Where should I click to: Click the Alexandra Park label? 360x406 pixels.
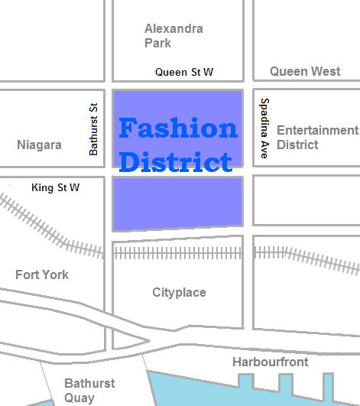[174, 35]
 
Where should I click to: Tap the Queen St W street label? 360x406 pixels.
[184, 72]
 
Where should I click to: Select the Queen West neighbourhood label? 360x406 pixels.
[305, 71]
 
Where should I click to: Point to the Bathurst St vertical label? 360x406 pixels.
[94, 130]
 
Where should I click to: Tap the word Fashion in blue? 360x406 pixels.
[177, 128]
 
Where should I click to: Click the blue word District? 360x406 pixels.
[176, 161]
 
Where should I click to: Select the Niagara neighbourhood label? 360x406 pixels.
[39, 145]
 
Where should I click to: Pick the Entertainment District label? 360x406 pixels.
[316, 137]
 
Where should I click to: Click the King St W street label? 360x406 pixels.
[55, 187]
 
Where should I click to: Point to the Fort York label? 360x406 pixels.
[42, 274]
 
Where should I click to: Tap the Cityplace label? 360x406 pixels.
[179, 292]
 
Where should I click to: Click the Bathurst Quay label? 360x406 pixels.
[89, 390]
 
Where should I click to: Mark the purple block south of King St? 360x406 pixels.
[177, 203]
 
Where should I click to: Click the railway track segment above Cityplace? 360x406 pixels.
[177, 252]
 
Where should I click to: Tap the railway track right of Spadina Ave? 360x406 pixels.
[306, 256]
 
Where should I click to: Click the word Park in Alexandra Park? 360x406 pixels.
[158, 43]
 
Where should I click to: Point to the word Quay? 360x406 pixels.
[79, 398]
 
